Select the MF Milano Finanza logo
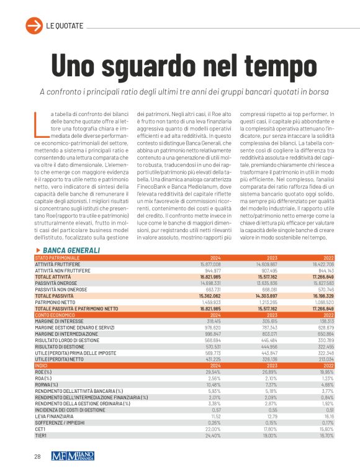74,455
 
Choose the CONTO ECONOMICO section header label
56,315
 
